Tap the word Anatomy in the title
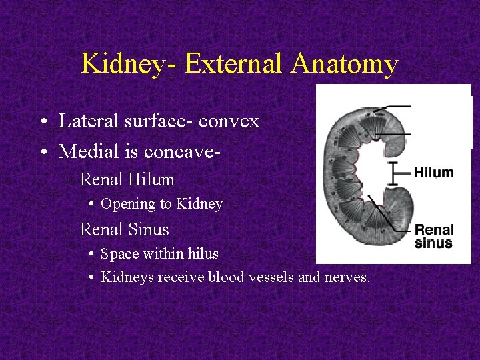pyautogui.click(x=344, y=65)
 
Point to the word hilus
pyautogui.click(x=201, y=254)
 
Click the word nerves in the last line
pyautogui.click(x=346, y=277)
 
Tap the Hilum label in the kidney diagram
pyautogui.click(x=433, y=173)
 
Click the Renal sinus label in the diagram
pyautogui.click(x=433, y=237)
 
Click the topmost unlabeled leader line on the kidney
pyautogui.click(x=393, y=107)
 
